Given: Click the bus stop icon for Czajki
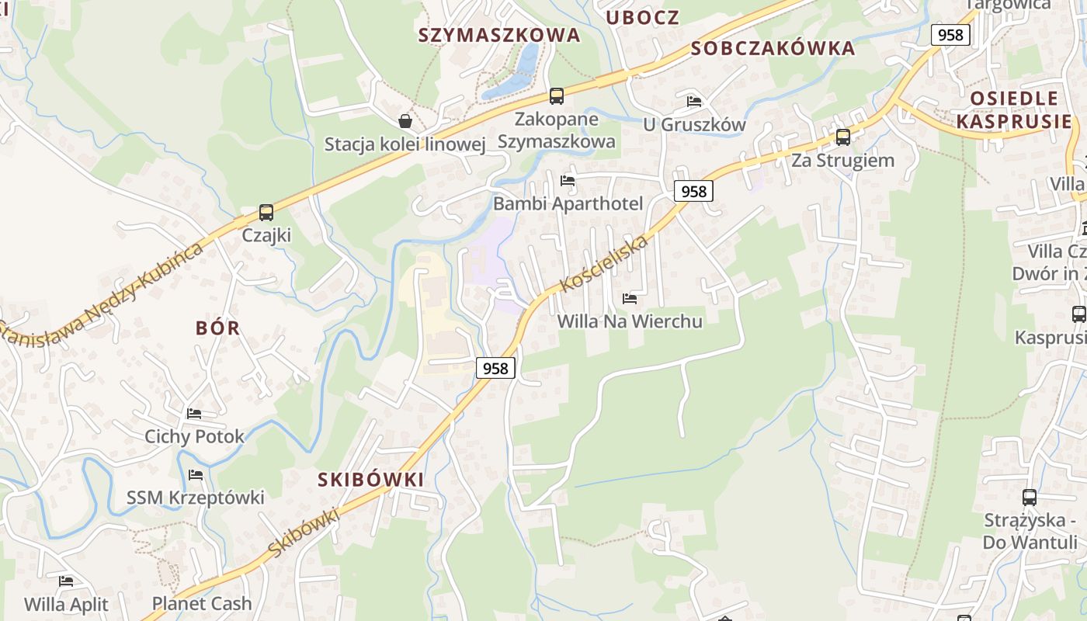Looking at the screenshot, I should pos(266,212).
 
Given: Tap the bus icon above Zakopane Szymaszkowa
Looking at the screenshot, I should pos(556,96).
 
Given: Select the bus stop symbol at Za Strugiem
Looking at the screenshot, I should pos(842,137).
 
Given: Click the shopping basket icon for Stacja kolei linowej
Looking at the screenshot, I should pos(405,121).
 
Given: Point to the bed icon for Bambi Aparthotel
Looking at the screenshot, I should pos(568,181).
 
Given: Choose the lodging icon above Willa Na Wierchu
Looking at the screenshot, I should pos(630,298).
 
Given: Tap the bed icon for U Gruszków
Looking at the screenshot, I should pos(694,102).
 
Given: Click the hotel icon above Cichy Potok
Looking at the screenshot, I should pos(194,414).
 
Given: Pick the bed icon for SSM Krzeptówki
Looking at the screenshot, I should pos(196,474).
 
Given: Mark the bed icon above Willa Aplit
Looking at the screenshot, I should pos(66,581).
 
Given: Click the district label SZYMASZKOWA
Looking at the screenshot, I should pos(499,35).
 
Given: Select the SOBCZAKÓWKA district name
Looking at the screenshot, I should pos(773,48).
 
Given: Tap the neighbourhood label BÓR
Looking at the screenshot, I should pos(218,328).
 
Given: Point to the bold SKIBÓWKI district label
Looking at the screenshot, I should pos(371,480).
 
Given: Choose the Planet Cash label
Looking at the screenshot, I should pos(202,603).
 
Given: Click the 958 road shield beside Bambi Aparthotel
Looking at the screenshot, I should pos(693,191).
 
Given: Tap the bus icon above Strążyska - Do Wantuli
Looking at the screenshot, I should pos(1030,498).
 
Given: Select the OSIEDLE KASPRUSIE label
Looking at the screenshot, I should pos(1014,109).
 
